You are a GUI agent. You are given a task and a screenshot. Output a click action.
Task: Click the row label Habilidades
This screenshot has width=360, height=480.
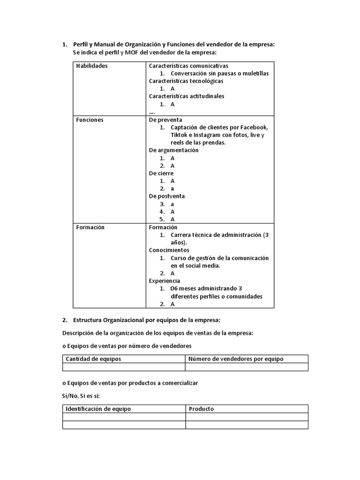[x=92, y=66]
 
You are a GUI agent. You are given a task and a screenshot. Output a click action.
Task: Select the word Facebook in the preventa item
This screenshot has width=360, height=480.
[x=254, y=127]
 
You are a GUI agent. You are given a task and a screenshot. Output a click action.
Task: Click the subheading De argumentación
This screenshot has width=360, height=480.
[x=173, y=150]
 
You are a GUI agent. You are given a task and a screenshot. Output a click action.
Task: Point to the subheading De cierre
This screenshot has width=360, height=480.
[x=161, y=173]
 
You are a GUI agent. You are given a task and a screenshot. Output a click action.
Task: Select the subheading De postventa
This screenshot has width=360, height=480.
[x=166, y=196]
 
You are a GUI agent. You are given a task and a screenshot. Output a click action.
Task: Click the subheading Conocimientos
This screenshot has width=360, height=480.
[x=169, y=250]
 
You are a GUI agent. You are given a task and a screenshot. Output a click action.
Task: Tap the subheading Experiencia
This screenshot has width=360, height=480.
[x=165, y=281]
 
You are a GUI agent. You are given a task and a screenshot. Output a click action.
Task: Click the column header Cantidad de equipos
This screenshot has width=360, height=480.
[x=93, y=359]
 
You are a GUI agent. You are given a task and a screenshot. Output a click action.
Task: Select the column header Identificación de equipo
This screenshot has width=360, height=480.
[x=98, y=409]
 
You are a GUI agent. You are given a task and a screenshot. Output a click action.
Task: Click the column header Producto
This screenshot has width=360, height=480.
[x=201, y=409]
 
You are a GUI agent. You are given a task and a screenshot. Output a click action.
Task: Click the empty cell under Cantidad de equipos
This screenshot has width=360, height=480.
[x=124, y=367]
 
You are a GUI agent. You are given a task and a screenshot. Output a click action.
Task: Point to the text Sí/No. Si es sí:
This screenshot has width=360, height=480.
[x=78, y=396]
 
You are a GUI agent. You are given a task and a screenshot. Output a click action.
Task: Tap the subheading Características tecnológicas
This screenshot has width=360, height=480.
[x=186, y=81]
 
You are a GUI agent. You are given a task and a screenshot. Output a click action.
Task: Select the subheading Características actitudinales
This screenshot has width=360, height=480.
[x=187, y=97]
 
